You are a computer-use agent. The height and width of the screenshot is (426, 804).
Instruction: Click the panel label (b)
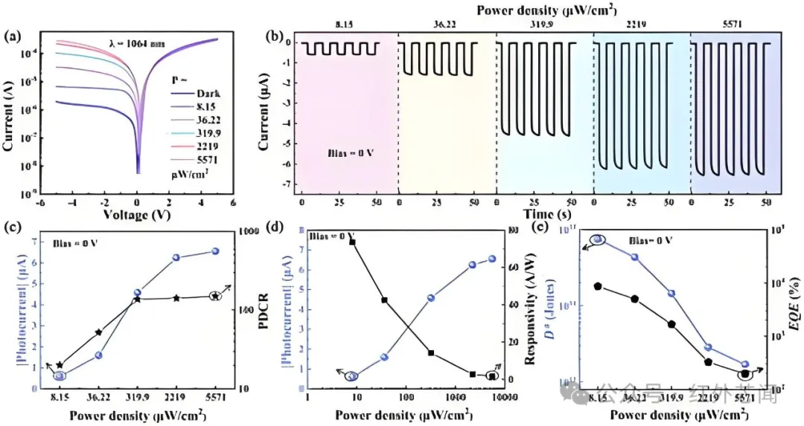click(x=275, y=36)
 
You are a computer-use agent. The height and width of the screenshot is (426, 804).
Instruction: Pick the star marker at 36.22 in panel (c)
click(x=98, y=332)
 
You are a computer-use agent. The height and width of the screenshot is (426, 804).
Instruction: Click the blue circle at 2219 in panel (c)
click(x=176, y=257)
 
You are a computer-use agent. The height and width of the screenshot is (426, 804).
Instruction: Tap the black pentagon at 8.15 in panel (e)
click(x=598, y=285)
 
